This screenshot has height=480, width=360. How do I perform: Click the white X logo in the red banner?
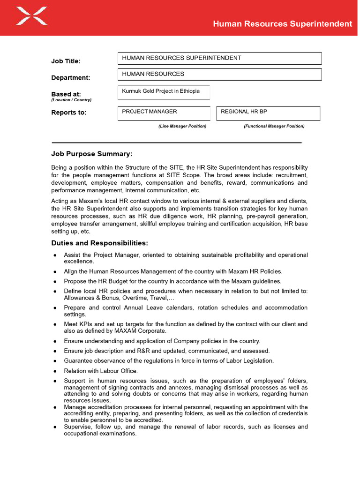point(31,15)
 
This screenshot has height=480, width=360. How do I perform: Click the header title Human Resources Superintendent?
point(282,24)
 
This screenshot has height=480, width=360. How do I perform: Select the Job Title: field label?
point(66,61)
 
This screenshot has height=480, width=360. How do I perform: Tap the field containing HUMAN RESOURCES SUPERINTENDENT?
point(219,58)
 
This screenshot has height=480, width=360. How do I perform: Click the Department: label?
point(70,78)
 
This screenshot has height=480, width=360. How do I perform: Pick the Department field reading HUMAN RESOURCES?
point(219,74)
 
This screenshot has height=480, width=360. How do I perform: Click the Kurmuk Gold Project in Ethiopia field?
point(163,92)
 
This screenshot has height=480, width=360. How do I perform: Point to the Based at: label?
point(66,94)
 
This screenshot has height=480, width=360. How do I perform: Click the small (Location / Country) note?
point(71,100)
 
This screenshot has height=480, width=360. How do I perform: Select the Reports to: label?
point(69,112)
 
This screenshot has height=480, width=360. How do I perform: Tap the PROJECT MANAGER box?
point(164,113)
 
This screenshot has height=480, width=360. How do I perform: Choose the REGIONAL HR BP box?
point(268,113)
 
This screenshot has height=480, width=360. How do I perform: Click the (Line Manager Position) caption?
point(182,126)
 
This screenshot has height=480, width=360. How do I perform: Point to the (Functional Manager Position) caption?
point(274,126)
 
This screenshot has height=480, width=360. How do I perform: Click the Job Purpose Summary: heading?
point(91,154)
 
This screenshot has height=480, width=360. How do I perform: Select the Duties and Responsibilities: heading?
point(99,243)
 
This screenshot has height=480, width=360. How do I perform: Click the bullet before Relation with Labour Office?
point(55,371)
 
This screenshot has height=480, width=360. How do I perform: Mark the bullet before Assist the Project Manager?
point(55,255)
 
